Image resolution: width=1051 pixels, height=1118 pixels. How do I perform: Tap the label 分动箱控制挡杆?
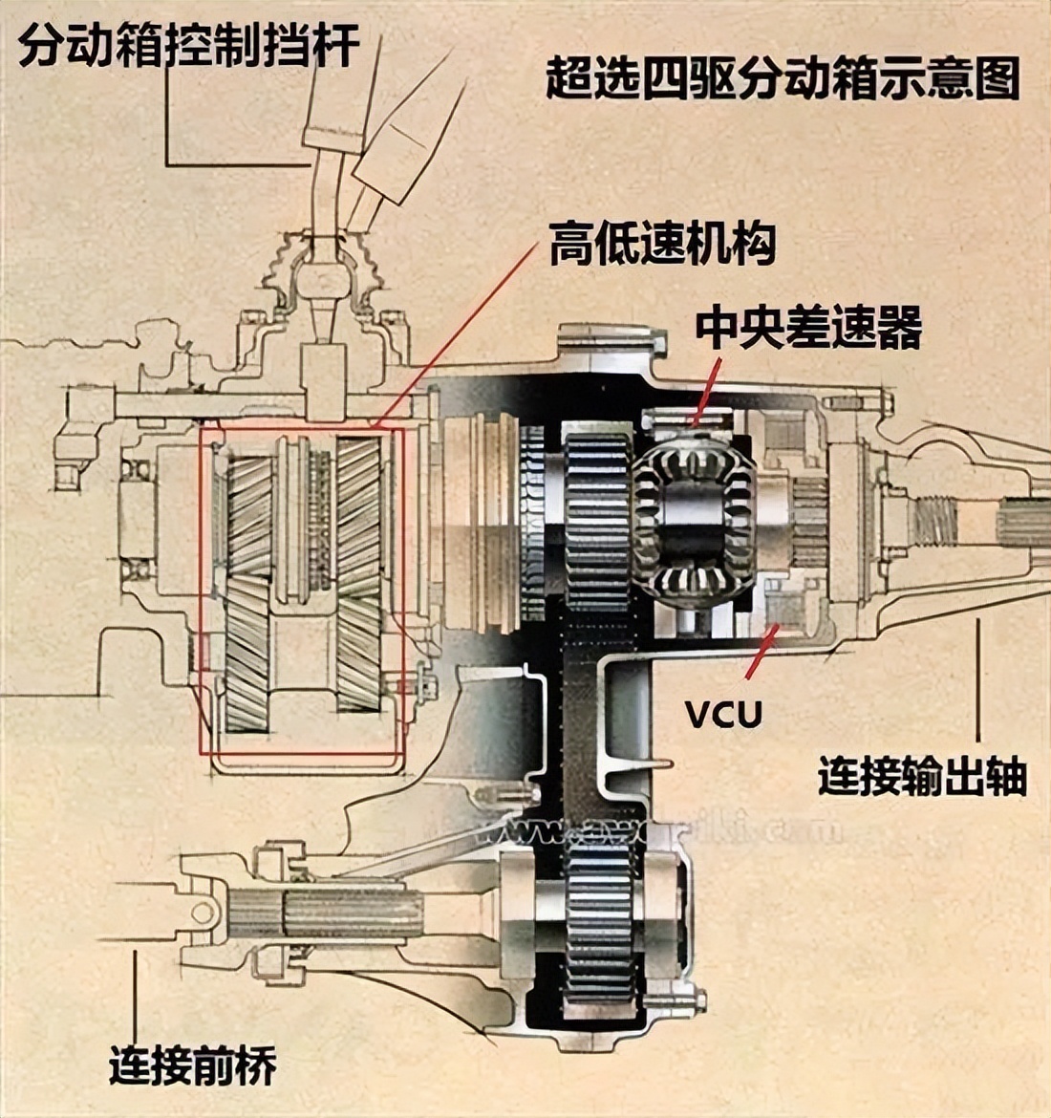click(x=189, y=46)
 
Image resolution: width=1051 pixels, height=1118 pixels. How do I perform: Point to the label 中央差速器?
click(x=808, y=328)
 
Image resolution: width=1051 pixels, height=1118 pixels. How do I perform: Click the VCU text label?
click(x=723, y=713)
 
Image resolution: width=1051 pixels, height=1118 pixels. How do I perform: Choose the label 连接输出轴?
click(x=921, y=776)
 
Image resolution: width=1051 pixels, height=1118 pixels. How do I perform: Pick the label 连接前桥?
click(x=192, y=1064)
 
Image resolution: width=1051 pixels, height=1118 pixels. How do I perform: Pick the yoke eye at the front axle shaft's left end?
click(x=200, y=913)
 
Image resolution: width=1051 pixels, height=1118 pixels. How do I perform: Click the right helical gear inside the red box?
click(x=359, y=573)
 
